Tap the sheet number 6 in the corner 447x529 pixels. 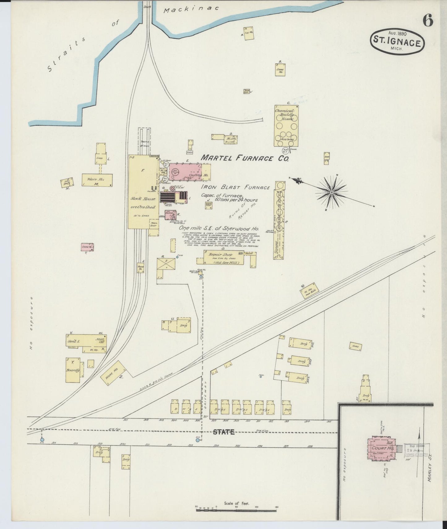pos(428,21)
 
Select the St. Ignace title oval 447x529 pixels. pos(397,43)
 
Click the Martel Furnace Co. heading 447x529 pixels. pos(245,158)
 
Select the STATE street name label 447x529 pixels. pos(224,432)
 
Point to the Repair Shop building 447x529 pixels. pos(223,257)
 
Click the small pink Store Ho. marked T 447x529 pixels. pos(87,247)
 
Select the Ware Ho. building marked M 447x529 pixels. pos(97,180)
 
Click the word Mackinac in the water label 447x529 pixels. pos(191,9)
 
